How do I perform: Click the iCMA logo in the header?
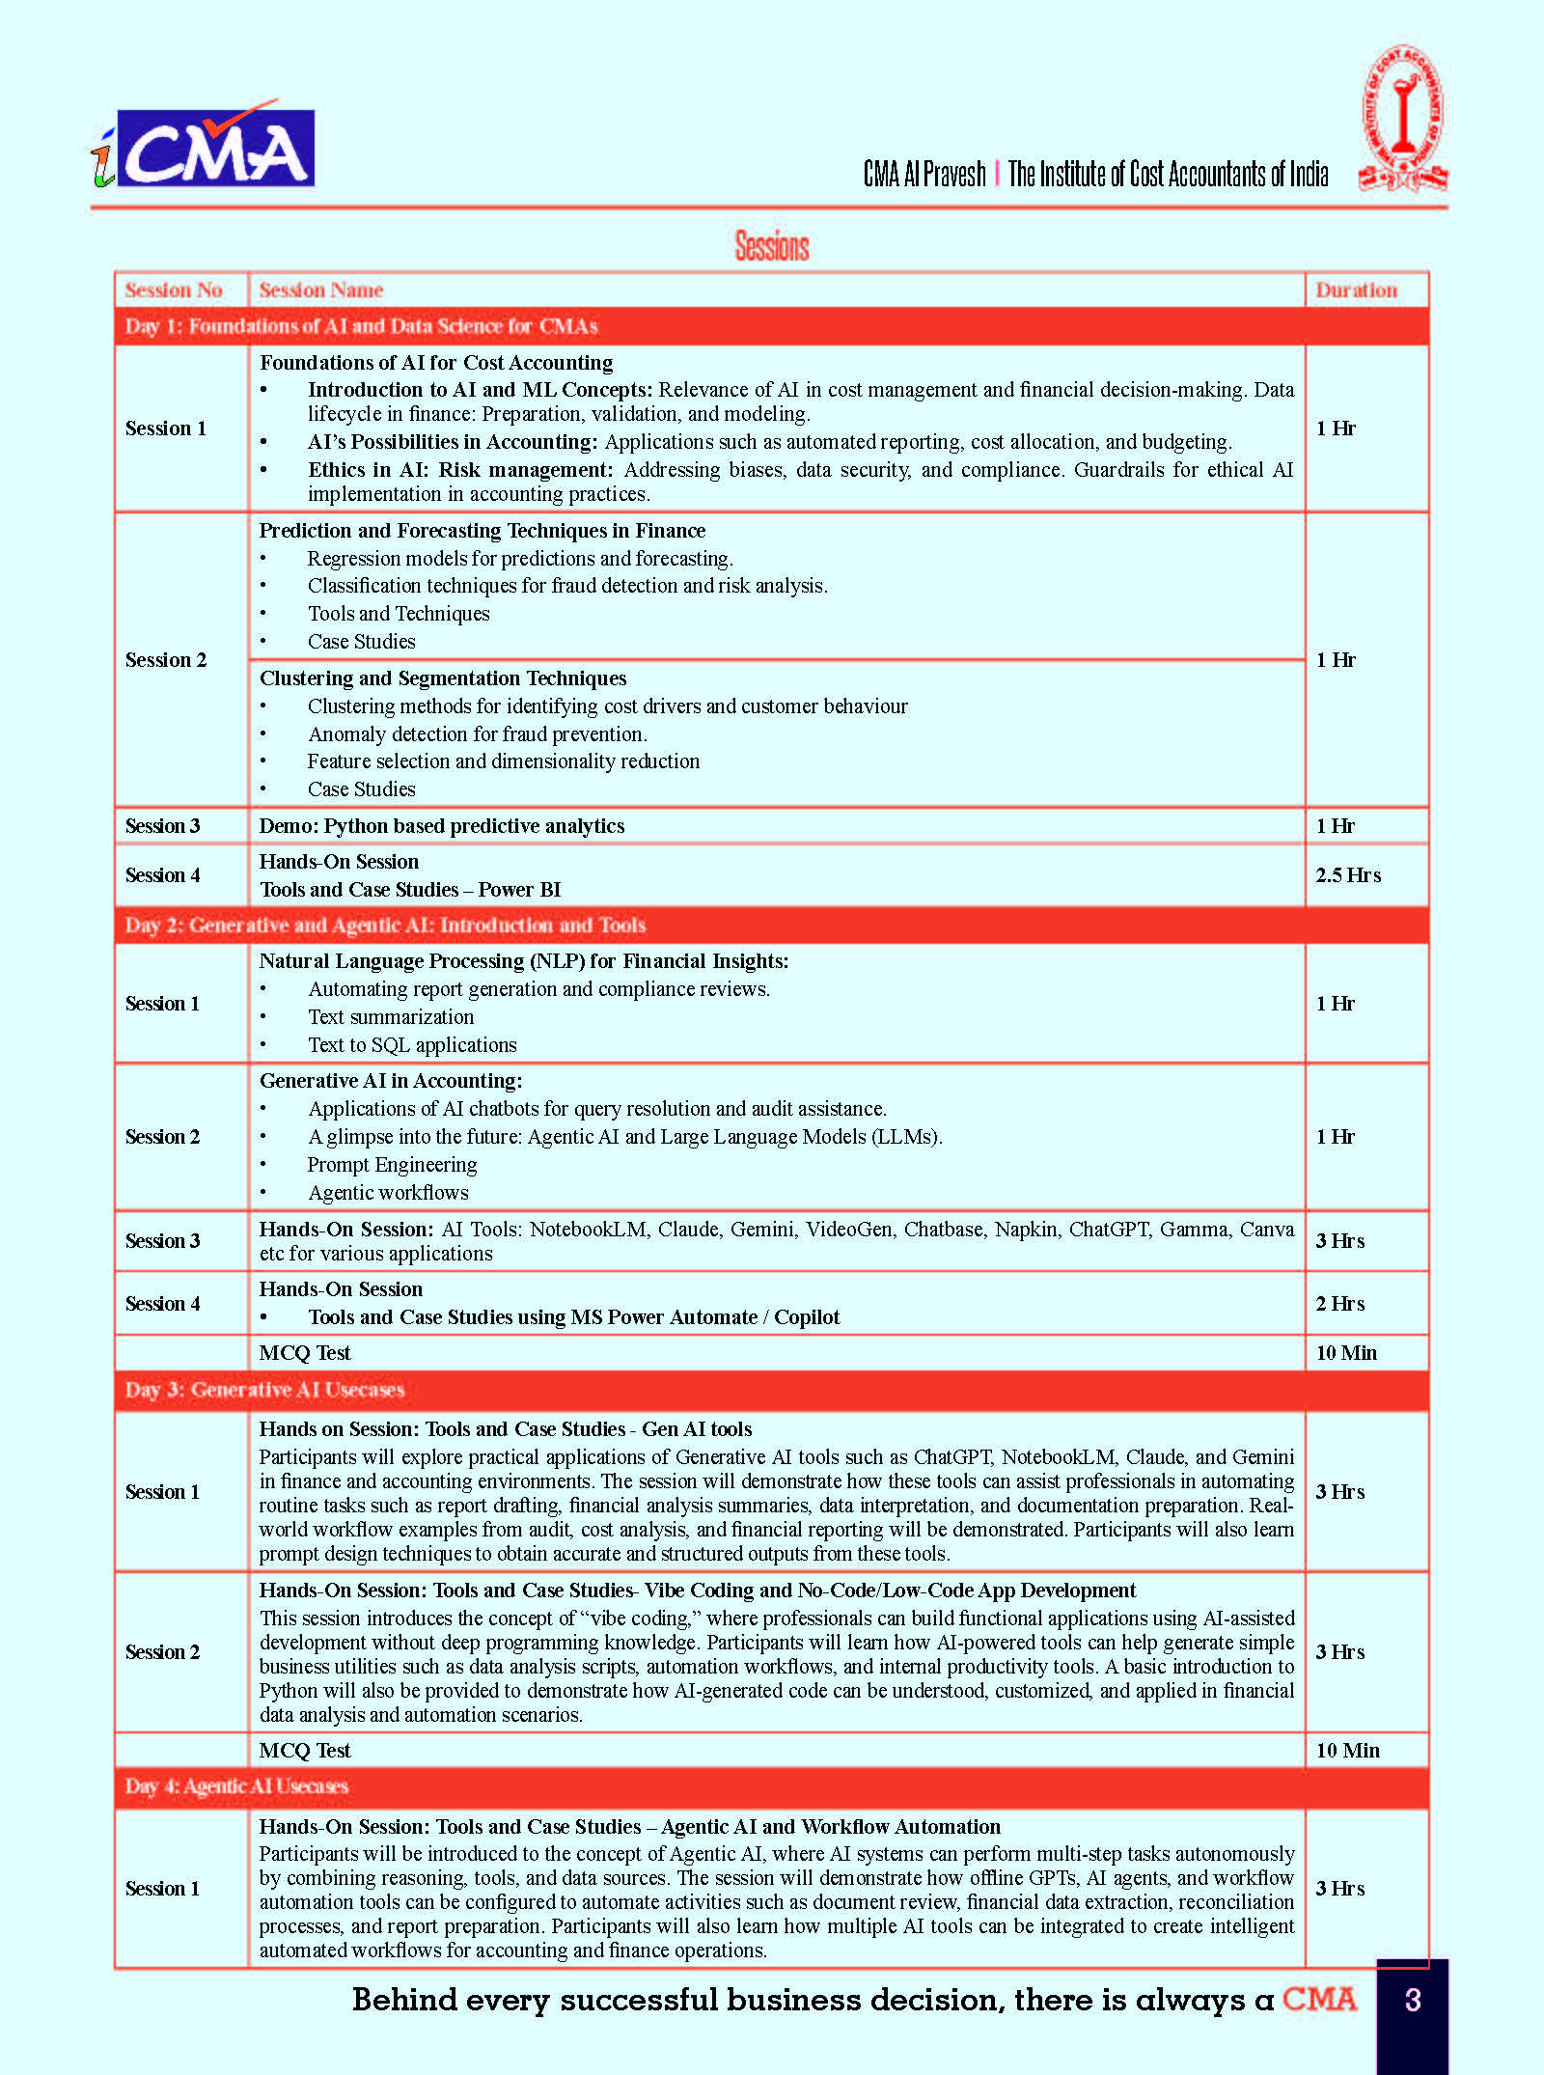pos(205,147)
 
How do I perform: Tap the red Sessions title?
pos(772,246)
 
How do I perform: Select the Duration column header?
pos(1356,290)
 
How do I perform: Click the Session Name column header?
pos(321,290)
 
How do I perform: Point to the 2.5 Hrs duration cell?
pos(1348,874)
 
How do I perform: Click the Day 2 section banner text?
pos(385,925)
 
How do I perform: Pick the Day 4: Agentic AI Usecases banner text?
pos(236,1785)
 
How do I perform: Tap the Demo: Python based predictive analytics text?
pos(442,825)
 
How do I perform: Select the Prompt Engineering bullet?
pos(392,1164)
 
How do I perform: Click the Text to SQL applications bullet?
pos(412,1044)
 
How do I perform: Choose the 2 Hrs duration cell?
pos(1340,1303)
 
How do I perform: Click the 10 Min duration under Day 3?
pos(1347,1750)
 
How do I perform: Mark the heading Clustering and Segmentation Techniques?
pos(443,678)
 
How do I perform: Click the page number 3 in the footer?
pos(1412,1999)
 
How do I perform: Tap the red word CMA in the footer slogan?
pos(1319,1998)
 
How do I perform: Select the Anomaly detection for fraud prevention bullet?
pos(478,733)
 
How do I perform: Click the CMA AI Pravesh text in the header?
pos(924,174)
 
